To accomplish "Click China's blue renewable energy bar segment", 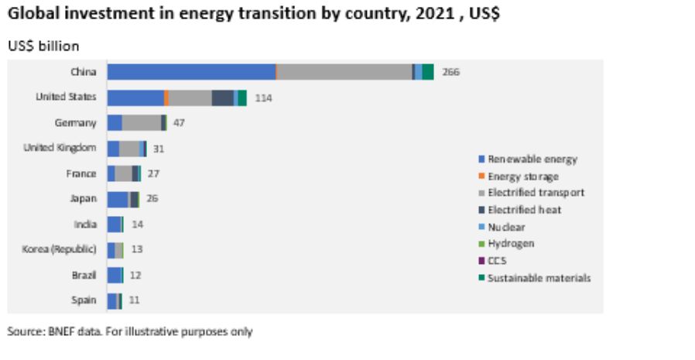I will (x=191, y=72).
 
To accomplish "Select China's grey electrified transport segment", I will (x=344, y=72).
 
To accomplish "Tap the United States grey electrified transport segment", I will (x=190, y=98).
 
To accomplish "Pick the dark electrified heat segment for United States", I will (x=222, y=98).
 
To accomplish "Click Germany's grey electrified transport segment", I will (x=141, y=122).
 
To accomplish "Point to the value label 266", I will (x=450, y=73).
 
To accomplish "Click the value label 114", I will (x=263, y=98).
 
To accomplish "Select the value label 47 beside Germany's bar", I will (x=178, y=123).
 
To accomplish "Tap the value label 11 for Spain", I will (x=134, y=300).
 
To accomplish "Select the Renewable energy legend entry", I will (x=532, y=159).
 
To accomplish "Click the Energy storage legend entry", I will (x=522, y=177).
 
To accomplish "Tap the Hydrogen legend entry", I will (x=511, y=244).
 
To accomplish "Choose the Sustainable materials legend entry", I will (x=539, y=278).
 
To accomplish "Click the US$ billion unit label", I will (x=43, y=46).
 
